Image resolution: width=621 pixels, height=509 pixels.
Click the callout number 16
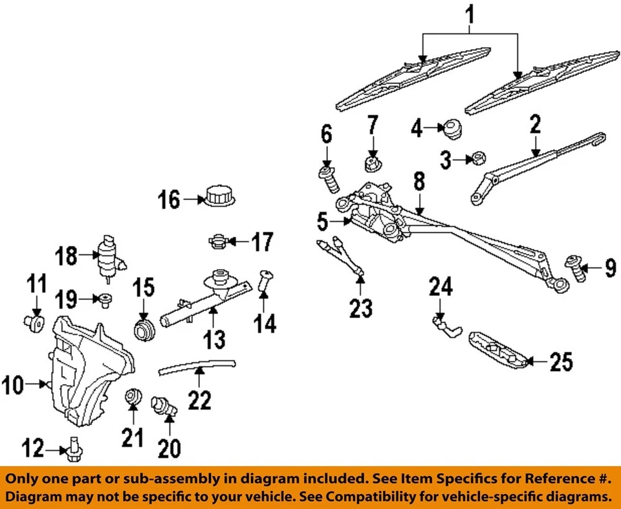click(x=169, y=200)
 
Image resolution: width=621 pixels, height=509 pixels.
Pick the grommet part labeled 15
click(x=143, y=328)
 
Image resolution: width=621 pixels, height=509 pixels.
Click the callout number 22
click(x=200, y=401)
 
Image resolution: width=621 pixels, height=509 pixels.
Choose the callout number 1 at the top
click(x=470, y=12)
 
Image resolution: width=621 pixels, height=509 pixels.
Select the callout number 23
click(x=361, y=309)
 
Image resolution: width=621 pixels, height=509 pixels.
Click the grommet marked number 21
click(x=133, y=394)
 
